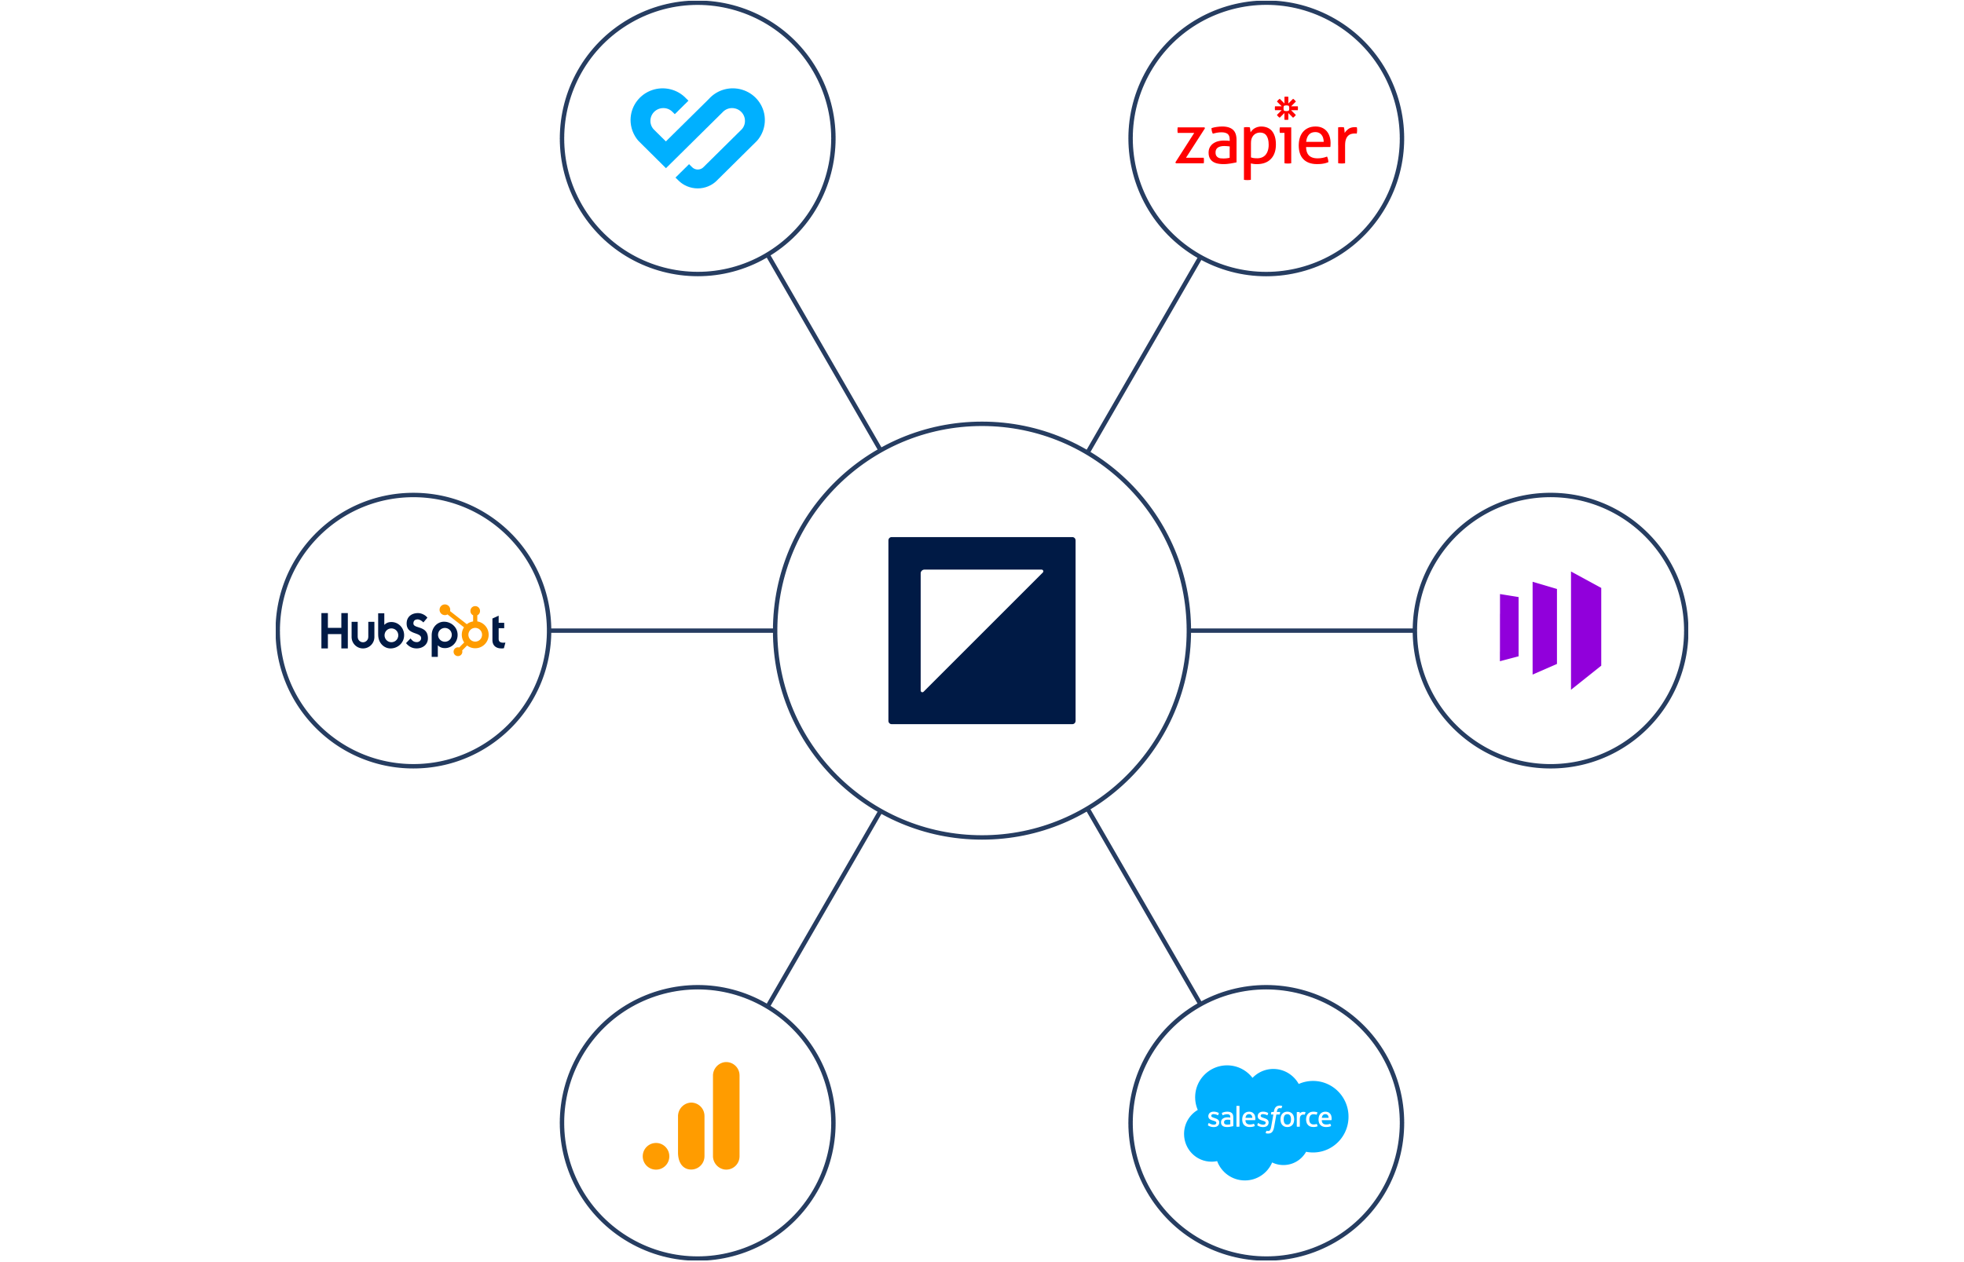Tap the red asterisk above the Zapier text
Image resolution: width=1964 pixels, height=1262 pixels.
click(x=1286, y=108)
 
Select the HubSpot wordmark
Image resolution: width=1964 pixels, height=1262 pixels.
click(x=412, y=631)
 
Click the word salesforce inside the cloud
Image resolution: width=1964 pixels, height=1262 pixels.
click(x=1269, y=1118)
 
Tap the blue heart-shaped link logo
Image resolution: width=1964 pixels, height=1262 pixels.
click(x=697, y=137)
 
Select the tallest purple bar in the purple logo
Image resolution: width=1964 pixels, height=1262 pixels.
click(x=1585, y=630)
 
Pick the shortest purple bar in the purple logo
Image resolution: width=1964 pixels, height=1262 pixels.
click(x=1508, y=627)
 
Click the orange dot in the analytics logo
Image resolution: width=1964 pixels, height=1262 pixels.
click(x=656, y=1156)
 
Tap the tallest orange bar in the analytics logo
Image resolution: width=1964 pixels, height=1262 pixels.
click(x=726, y=1115)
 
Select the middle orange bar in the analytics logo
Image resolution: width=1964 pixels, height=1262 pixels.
click(x=691, y=1136)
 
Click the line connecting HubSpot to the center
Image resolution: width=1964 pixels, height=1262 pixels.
click(x=661, y=630)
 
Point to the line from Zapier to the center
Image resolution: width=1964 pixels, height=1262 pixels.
click(x=1144, y=354)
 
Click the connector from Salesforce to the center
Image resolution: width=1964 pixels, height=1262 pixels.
click(x=1144, y=906)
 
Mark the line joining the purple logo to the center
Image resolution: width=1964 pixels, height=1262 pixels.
click(x=1301, y=630)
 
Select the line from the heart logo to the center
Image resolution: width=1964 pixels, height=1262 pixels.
click(x=824, y=353)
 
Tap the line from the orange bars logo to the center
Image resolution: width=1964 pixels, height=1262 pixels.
click(x=824, y=908)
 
